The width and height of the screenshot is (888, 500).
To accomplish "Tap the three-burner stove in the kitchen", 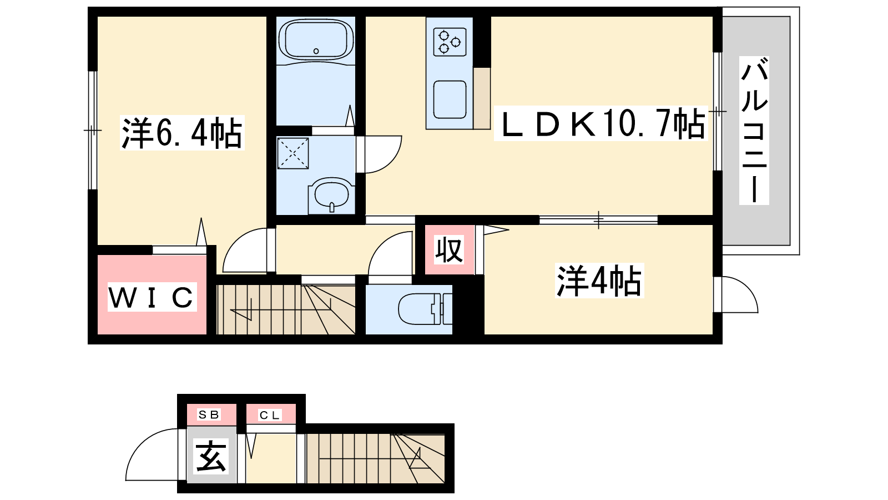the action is tap(450, 42).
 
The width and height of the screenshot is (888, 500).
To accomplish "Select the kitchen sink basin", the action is tap(450, 99).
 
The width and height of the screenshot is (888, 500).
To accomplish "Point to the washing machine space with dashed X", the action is tap(293, 153).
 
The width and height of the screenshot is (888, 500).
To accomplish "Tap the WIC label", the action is tap(152, 297).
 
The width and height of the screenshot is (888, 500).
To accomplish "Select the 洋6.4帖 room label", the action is tap(182, 133).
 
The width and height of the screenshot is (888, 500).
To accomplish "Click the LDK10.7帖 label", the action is tap(601, 123).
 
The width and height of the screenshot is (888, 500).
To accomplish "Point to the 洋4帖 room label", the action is tap(599, 281).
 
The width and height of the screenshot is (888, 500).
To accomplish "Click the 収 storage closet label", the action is tap(450, 250).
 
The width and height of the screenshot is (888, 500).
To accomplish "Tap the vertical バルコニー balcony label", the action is tap(754, 131).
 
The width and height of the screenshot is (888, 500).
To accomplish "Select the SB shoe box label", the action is tap(209, 414).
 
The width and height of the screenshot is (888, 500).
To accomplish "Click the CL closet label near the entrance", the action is tap(270, 415).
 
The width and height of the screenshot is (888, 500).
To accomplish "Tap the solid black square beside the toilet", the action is tap(468, 305).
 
